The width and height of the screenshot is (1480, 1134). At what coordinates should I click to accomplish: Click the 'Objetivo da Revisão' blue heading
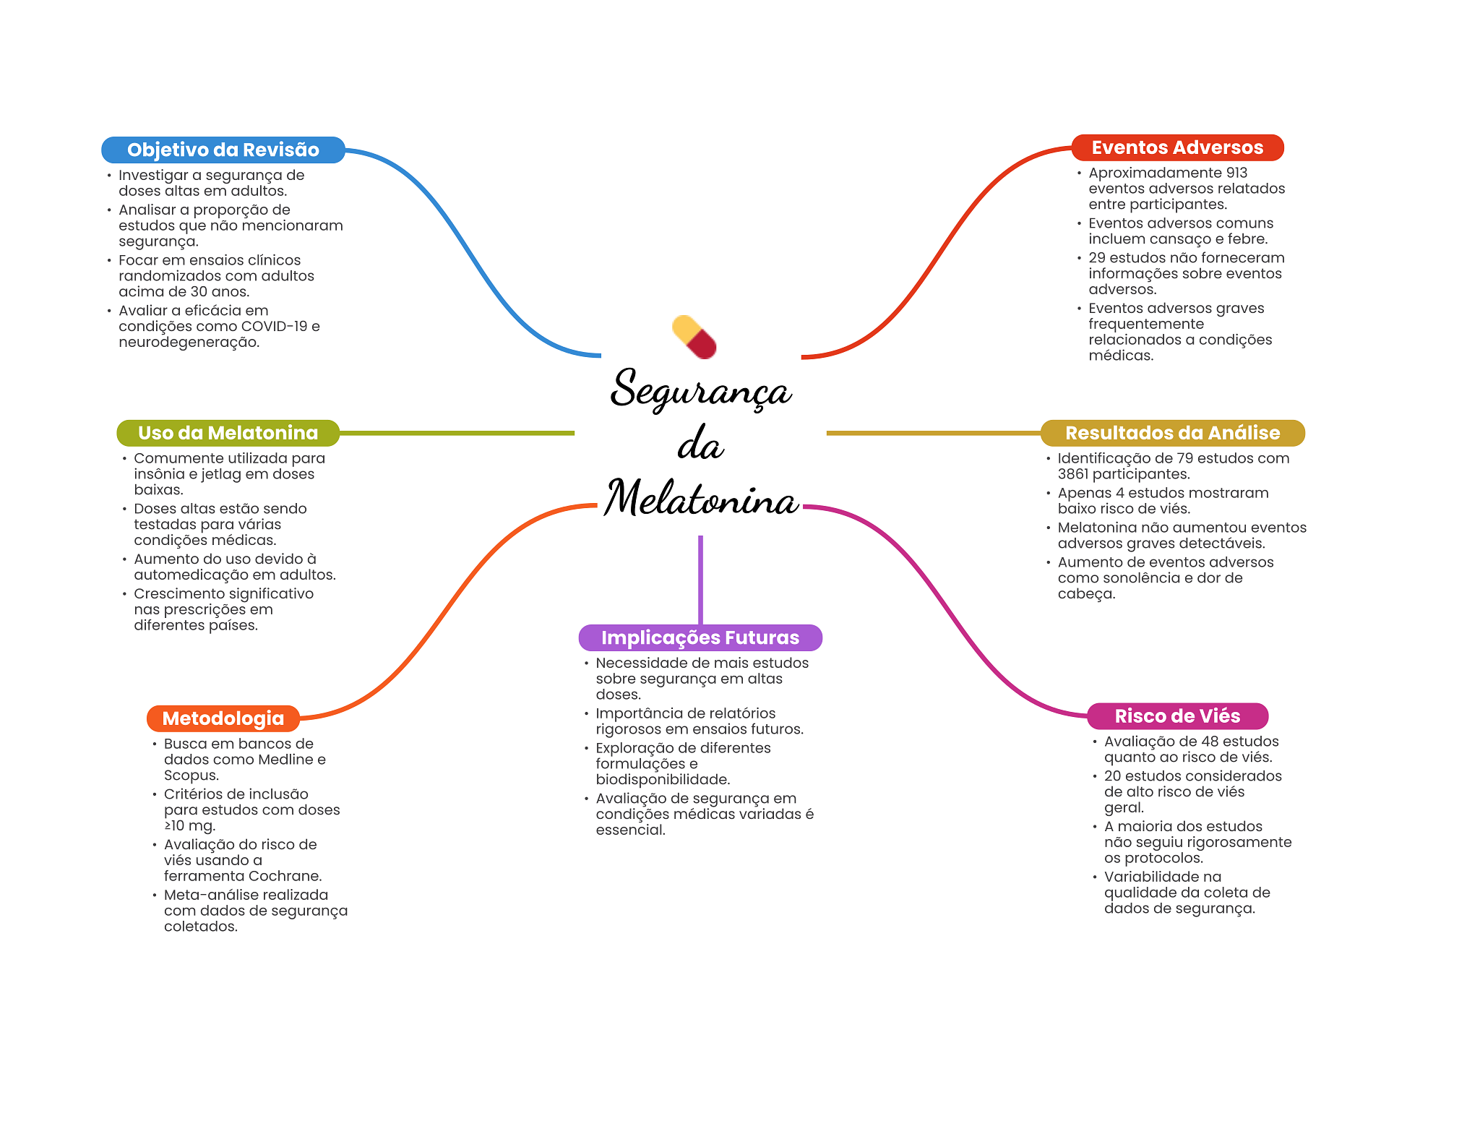point(223,150)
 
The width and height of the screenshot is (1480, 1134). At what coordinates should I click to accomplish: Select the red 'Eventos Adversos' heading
point(1176,147)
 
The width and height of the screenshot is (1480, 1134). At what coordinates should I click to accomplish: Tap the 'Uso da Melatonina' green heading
point(228,433)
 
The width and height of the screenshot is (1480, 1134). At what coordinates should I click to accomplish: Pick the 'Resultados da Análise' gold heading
point(1172,433)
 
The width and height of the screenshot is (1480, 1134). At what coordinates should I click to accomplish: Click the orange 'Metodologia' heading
point(223,718)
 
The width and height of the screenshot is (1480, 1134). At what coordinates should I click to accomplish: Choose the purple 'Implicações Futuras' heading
point(700,637)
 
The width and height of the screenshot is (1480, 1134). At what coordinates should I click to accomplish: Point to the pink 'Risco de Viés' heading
point(1176,716)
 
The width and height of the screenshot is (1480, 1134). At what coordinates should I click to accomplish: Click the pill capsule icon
point(694,337)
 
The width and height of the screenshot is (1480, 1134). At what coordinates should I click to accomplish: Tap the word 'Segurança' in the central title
point(701,390)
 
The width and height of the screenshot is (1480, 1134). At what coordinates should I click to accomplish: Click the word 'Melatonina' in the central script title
point(701,499)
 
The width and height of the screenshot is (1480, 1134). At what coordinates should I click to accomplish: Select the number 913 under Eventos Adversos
point(1236,173)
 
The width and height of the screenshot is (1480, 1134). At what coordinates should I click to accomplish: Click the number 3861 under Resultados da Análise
point(1073,474)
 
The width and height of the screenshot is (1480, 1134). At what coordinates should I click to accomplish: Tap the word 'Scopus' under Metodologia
point(190,776)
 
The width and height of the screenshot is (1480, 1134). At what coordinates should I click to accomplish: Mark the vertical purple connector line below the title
point(700,578)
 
